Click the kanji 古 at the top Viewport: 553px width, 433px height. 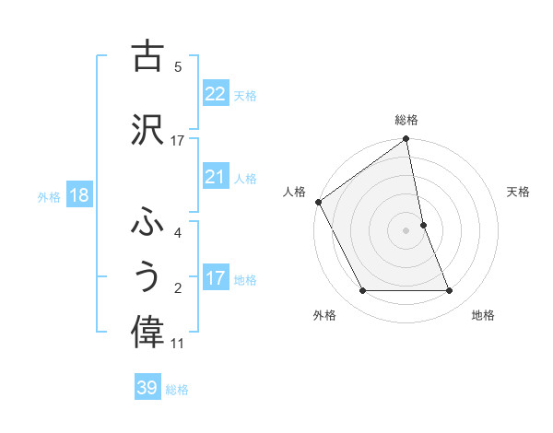pyautogui.click(x=147, y=56)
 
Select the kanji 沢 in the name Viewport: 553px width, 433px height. pyautogui.click(x=147, y=130)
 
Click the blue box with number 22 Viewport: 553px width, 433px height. pyautogui.click(x=215, y=93)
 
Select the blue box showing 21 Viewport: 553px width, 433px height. pyautogui.click(x=215, y=176)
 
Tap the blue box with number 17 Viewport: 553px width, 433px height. pyautogui.click(x=215, y=277)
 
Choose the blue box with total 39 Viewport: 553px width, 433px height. pyautogui.click(x=147, y=388)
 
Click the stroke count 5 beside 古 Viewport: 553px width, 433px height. pyautogui.click(x=178, y=66)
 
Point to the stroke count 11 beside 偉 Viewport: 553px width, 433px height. pyautogui.click(x=178, y=344)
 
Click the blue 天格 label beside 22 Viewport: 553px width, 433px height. pyautogui.click(x=245, y=95)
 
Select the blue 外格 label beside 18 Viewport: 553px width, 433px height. pyautogui.click(x=49, y=196)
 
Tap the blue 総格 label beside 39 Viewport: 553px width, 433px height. pyautogui.click(x=178, y=390)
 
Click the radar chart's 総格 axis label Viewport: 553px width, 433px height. pyautogui.click(x=406, y=120)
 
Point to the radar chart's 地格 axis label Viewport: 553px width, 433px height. pyautogui.click(x=483, y=315)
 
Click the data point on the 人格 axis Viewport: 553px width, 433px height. pyautogui.click(x=318, y=202)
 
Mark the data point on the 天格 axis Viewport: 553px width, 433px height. pyautogui.click(x=423, y=225)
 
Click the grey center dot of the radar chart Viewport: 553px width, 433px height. pyautogui.click(x=406, y=229)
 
